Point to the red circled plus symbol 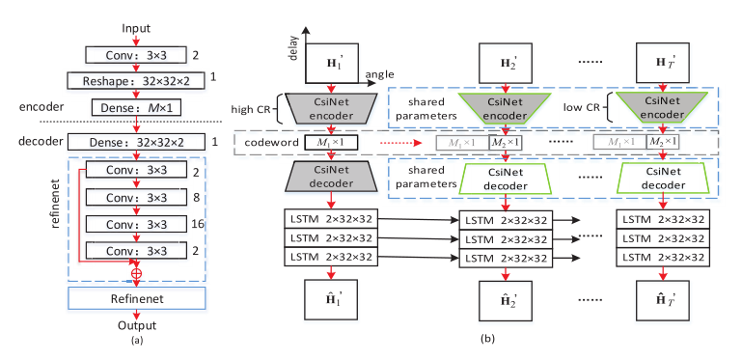coord(137,272)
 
